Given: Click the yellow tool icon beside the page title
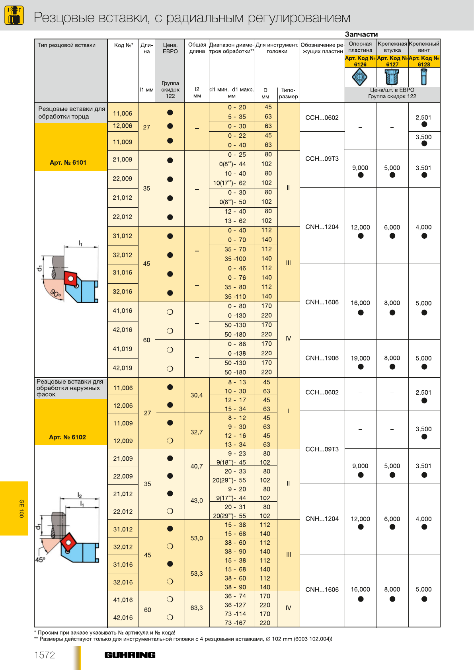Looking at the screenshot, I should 14,15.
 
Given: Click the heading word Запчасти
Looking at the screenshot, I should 361,34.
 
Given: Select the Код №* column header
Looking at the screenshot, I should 123,45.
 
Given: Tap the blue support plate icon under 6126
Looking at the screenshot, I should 360,77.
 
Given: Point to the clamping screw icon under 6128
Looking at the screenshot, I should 423,77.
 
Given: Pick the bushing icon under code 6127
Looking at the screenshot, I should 392,77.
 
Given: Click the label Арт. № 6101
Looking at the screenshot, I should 68,162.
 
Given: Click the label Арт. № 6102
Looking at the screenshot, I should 67,437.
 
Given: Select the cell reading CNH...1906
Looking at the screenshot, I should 322,358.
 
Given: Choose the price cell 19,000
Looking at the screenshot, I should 360,358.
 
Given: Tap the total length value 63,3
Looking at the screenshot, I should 197,608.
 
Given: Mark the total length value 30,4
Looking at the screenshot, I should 197,395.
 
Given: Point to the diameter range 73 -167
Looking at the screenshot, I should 235,623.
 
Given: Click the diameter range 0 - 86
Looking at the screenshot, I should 237,344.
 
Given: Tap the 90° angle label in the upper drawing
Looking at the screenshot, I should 55,294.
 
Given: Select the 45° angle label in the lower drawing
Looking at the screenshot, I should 40,559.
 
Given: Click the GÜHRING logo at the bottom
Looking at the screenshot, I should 130,655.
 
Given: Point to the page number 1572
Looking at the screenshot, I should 45,655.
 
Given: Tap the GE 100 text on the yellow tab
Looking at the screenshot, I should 21,508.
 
